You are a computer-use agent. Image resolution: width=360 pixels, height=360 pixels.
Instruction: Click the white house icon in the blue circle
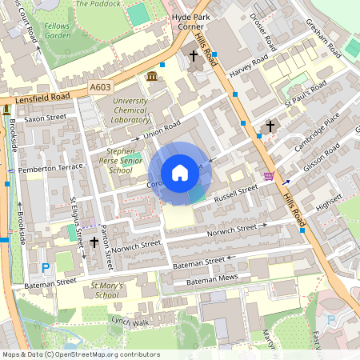pyautogui.click(x=180, y=172)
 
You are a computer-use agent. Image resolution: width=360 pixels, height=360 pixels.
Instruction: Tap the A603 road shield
pyautogui.click(x=100, y=86)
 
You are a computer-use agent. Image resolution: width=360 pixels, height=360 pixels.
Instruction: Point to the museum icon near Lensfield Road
pyautogui.click(x=152, y=76)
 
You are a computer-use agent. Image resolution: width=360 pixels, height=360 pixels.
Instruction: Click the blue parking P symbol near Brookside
pyautogui.click(x=46, y=267)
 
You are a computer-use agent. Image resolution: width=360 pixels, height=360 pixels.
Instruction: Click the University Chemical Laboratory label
pyautogui.click(x=130, y=110)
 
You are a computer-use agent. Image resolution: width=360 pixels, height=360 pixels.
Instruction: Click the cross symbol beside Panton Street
pyautogui.click(x=94, y=241)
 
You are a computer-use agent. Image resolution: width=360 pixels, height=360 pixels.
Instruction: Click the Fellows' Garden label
pyautogui.click(x=58, y=30)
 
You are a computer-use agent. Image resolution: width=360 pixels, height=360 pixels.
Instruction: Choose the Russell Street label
pyautogui.click(x=235, y=191)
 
